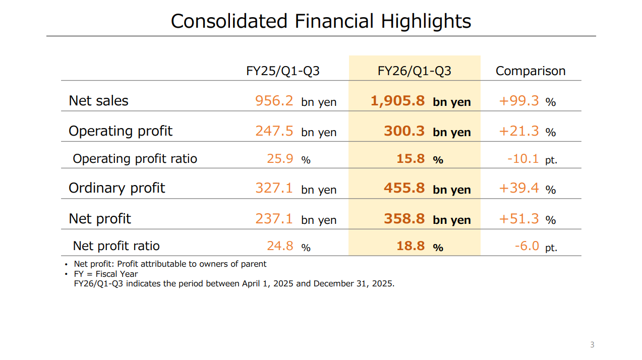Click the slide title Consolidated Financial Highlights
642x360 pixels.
tap(321, 21)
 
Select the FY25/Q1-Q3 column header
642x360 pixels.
tap(282, 71)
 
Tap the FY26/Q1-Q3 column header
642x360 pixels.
tap(414, 71)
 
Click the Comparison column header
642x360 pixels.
tap(530, 71)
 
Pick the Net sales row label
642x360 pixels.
tap(98, 101)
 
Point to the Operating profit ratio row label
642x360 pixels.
tap(135, 159)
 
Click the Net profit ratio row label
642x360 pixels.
tap(116, 246)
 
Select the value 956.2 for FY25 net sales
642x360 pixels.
tap(274, 101)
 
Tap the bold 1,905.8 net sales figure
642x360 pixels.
tap(397, 101)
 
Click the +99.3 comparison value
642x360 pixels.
tap(519, 101)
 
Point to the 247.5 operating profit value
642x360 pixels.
tap(274, 131)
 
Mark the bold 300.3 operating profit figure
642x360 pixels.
tap(404, 131)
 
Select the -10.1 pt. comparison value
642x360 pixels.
tap(523, 159)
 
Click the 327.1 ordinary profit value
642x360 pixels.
tap(274, 189)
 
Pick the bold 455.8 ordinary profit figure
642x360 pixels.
tap(404, 189)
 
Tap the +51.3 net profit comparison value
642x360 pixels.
tap(519, 219)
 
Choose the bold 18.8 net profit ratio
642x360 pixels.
tap(411, 246)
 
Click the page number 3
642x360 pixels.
tap(592, 345)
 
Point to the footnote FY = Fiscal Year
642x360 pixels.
tap(106, 274)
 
